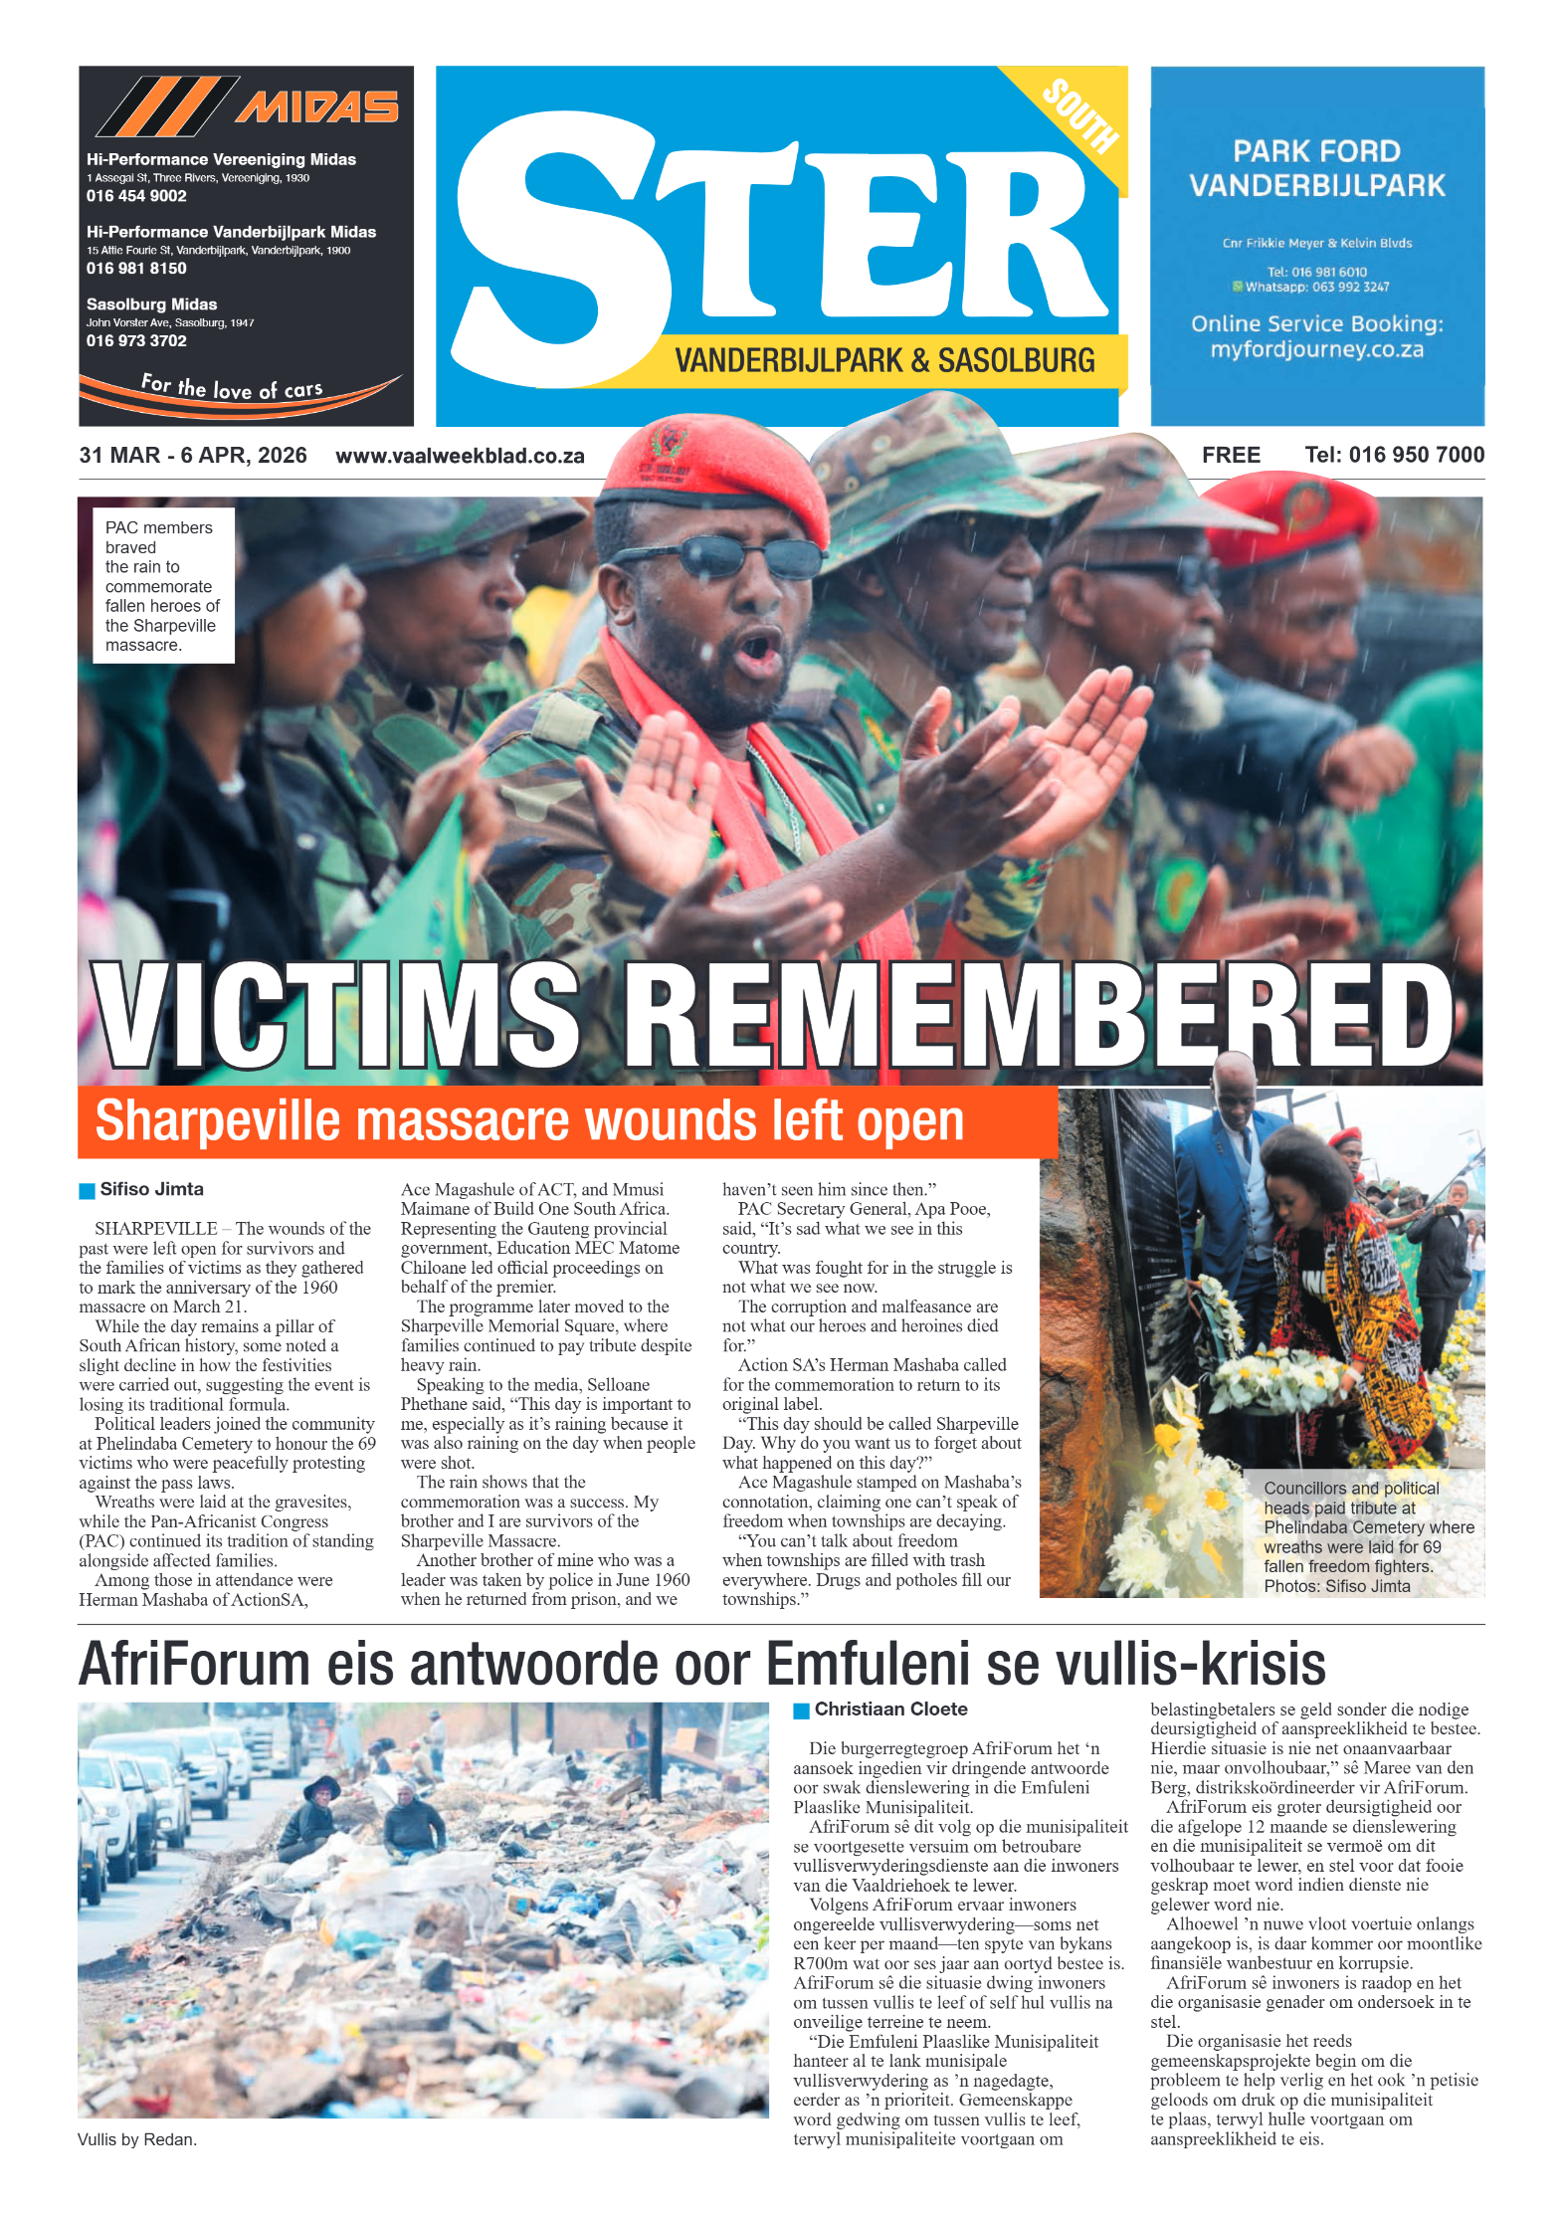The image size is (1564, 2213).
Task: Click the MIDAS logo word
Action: point(316,106)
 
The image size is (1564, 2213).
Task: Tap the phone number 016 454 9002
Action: point(136,196)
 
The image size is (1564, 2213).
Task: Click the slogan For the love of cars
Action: point(232,388)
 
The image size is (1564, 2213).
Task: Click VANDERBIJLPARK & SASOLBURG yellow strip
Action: point(883,360)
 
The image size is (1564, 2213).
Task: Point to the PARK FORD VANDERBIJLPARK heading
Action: point(1316,168)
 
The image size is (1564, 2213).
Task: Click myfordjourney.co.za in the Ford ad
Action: point(1316,349)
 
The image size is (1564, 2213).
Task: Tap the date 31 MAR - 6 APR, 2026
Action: point(193,455)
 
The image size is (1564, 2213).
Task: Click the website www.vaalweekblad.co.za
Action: point(460,456)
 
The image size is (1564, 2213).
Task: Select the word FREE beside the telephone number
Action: point(1231,455)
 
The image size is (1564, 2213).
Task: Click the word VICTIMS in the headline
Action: point(336,1015)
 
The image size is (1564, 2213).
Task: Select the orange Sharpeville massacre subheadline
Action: point(529,1121)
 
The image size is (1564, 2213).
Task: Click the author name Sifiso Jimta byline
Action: point(151,1189)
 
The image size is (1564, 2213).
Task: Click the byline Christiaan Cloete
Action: point(890,1709)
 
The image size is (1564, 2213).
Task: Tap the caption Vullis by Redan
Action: point(137,2139)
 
